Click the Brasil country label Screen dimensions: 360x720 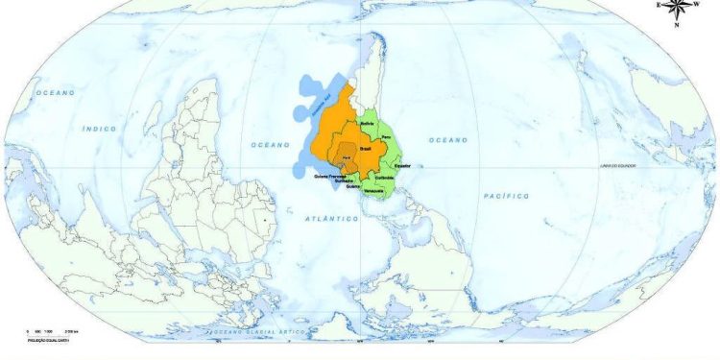point(365,150)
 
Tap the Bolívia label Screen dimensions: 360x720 point(367,124)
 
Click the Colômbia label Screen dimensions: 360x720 point(385,178)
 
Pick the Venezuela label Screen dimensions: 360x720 point(374,191)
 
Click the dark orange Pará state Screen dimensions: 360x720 point(346,158)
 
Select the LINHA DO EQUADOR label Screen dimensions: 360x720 point(619,165)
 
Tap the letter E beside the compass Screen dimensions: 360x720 point(658,5)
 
